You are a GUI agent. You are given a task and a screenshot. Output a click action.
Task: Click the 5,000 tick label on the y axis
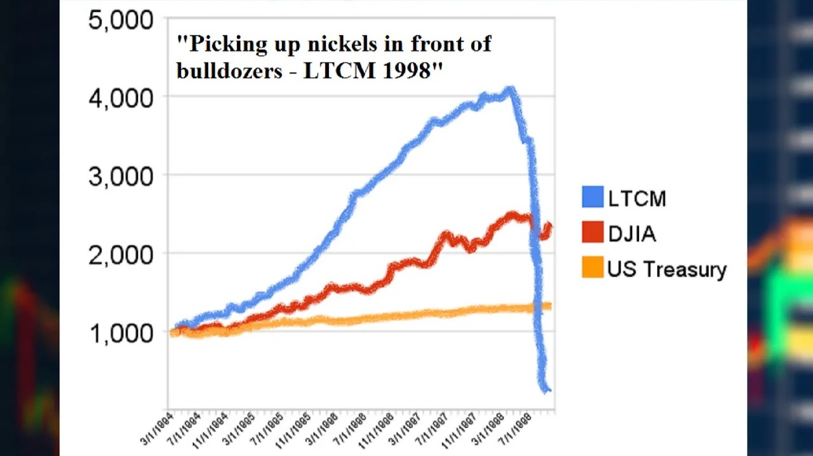pos(121,20)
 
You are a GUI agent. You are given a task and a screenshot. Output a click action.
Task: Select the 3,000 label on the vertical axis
pos(121,177)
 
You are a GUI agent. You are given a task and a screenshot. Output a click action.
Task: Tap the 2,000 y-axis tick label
pos(121,255)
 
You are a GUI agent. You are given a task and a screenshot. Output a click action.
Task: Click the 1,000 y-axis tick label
pos(121,333)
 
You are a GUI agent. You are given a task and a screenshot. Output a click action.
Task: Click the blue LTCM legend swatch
pos(592,198)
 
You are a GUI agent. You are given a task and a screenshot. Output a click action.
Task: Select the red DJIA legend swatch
pos(592,233)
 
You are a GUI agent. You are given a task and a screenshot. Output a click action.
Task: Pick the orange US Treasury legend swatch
pos(592,268)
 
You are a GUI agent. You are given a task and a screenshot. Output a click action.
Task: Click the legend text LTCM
pos(637,199)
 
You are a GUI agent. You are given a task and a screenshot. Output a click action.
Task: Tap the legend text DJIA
pos(632,234)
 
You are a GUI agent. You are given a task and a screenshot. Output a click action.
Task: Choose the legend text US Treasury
pos(667,269)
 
